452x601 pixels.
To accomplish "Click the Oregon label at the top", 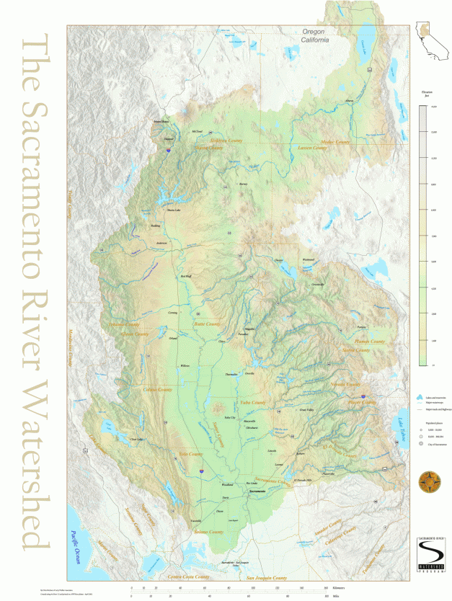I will click(x=314, y=30).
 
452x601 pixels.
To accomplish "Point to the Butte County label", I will click(x=207, y=324).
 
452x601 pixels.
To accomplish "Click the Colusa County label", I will click(x=158, y=389).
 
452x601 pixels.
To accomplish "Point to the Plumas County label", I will click(x=370, y=342).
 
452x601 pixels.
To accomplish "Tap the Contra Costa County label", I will click(x=194, y=577).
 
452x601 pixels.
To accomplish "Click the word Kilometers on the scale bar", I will click(x=360, y=588).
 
